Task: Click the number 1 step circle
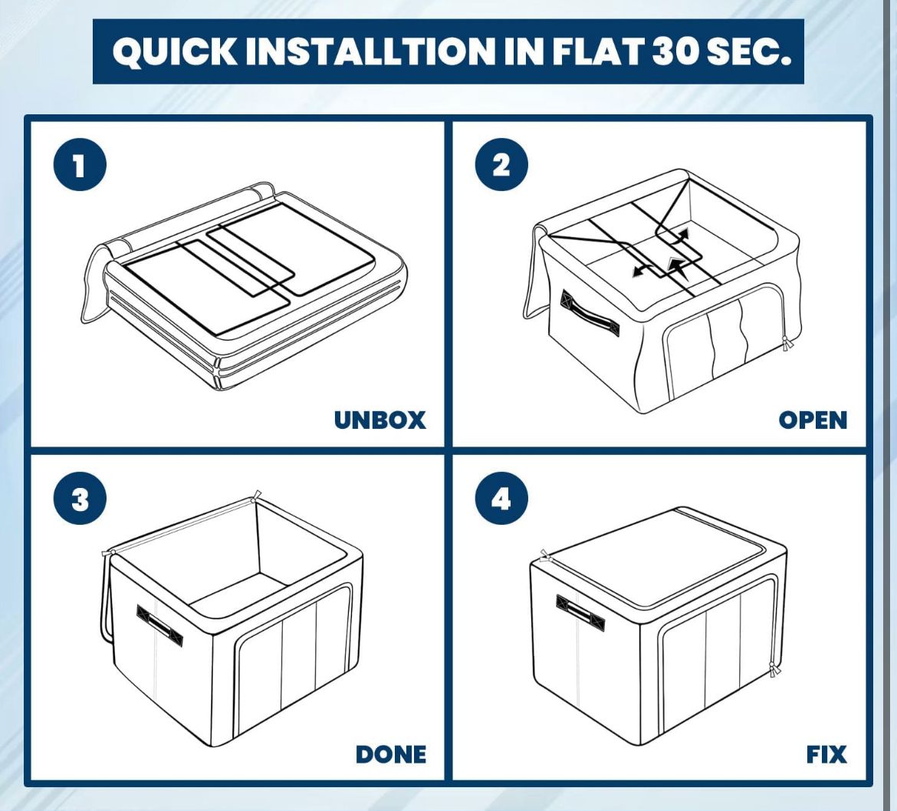coord(80,166)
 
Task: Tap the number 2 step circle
coord(501,166)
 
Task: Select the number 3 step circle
coord(80,499)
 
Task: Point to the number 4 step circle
coord(501,499)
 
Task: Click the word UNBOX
coord(379,420)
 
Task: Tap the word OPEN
coord(813,420)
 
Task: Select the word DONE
coord(391,754)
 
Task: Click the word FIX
coord(826,754)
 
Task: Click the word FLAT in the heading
coord(597,51)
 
